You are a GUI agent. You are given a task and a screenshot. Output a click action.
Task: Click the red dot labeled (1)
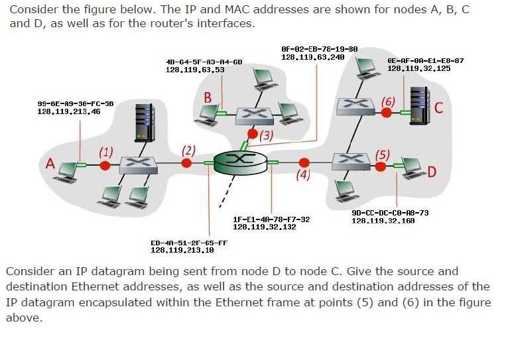click(104, 164)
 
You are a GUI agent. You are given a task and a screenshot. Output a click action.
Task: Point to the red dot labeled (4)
click(304, 162)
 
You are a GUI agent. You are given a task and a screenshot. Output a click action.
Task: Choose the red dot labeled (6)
click(387, 113)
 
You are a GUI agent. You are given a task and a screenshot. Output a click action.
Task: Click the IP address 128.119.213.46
click(68, 112)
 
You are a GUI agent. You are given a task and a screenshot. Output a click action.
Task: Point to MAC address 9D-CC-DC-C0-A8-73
click(390, 213)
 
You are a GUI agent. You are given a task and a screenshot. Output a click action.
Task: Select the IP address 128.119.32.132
click(265, 227)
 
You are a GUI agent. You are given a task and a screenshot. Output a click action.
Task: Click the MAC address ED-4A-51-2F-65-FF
click(189, 243)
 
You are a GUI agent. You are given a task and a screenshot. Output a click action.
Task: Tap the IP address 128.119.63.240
click(312, 57)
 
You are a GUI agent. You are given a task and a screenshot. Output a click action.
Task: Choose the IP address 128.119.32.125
click(418, 68)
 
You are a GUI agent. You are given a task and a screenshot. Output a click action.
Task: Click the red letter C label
click(438, 107)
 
